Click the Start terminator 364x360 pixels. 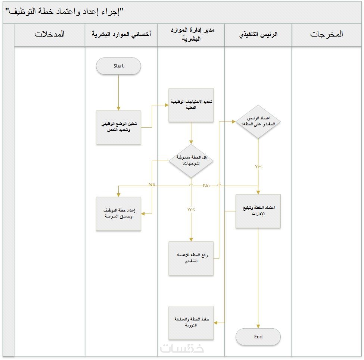click(x=118, y=66)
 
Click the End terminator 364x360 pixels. click(x=258, y=337)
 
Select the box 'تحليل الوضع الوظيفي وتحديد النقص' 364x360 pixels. click(x=118, y=127)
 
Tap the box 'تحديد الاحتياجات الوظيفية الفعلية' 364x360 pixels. click(x=191, y=105)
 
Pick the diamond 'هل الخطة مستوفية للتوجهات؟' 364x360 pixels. click(x=191, y=161)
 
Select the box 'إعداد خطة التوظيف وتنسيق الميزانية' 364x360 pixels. click(x=118, y=214)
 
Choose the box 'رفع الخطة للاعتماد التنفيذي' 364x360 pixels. click(x=191, y=258)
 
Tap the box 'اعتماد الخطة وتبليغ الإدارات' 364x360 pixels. click(x=258, y=211)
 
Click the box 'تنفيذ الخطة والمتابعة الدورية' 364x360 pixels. click(x=191, y=323)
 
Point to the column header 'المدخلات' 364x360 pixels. click(x=50, y=34)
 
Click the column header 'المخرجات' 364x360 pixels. click(x=326, y=34)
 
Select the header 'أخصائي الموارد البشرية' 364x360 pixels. click(x=121, y=34)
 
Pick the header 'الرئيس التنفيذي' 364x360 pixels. click(x=258, y=34)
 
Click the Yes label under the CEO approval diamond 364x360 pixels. click(x=258, y=167)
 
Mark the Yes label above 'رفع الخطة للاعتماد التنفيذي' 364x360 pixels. click(x=191, y=210)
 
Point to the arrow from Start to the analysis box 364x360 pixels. click(x=118, y=92)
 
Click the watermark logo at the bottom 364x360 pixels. click(x=182, y=348)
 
